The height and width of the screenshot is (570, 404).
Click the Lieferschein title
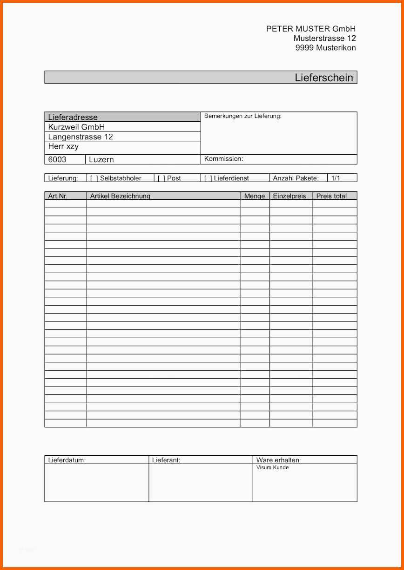pos(323,78)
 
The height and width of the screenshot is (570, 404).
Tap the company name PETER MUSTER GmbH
pos(310,29)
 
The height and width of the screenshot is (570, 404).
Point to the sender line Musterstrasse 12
pos(324,38)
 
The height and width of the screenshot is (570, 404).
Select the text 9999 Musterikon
pos(325,47)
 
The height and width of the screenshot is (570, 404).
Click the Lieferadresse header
pos(73,117)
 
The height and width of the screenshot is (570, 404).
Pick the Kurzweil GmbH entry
pos(76,127)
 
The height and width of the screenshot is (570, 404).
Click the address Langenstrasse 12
pos(81,137)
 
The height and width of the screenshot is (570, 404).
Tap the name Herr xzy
pos(63,146)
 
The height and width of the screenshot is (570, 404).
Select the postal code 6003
pos(57,159)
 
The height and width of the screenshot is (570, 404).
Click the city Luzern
pos(101,159)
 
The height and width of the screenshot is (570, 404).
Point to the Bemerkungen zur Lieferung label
pos(242,116)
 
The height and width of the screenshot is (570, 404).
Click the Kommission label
pos(223,159)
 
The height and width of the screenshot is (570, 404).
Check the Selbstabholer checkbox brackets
pos(94,178)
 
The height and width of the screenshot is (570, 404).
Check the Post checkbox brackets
pos(161,178)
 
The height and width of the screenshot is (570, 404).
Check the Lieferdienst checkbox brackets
pos(208,178)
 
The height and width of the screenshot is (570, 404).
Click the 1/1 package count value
pos(336,178)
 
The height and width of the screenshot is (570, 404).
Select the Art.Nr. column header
pos(58,196)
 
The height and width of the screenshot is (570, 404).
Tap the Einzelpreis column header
pos(290,196)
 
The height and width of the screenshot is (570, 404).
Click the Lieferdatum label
pos(67,460)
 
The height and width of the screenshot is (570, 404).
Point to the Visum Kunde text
pos(272,467)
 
